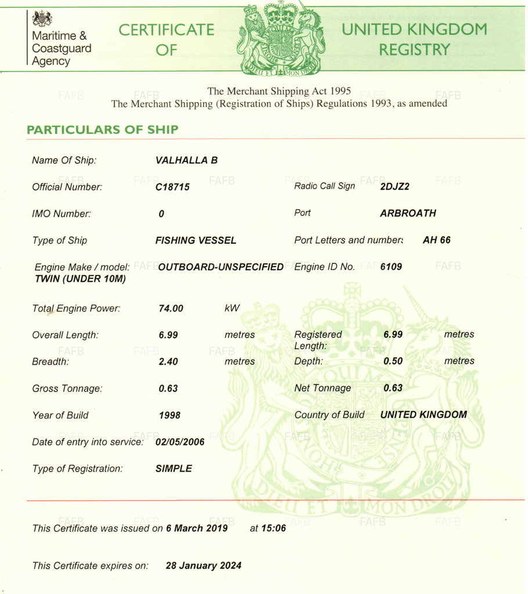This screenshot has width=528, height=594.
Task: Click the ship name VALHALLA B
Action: (x=186, y=160)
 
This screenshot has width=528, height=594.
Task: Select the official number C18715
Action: (x=172, y=187)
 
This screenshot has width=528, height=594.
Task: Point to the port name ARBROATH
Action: (x=408, y=213)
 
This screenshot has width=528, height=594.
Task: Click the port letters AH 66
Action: (x=436, y=240)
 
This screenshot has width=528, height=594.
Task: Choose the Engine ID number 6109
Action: (x=390, y=266)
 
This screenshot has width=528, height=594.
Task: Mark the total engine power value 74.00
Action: (x=171, y=308)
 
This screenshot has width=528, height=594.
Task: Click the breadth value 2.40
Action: (x=168, y=361)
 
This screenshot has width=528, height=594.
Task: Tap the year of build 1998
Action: (x=169, y=415)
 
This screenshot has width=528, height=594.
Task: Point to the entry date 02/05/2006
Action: (x=180, y=441)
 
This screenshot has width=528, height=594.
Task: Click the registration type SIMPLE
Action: (x=173, y=468)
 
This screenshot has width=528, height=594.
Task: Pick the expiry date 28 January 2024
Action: (x=204, y=565)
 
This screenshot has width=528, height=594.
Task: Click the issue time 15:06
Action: (x=276, y=528)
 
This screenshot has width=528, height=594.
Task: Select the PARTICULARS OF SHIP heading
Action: (x=102, y=129)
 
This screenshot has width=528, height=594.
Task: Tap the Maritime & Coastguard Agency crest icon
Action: (x=42, y=19)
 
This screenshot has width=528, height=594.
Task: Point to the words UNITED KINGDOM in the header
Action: (x=414, y=30)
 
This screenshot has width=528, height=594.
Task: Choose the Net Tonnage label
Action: (x=323, y=388)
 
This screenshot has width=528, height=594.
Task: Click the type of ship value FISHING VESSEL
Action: (x=196, y=240)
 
